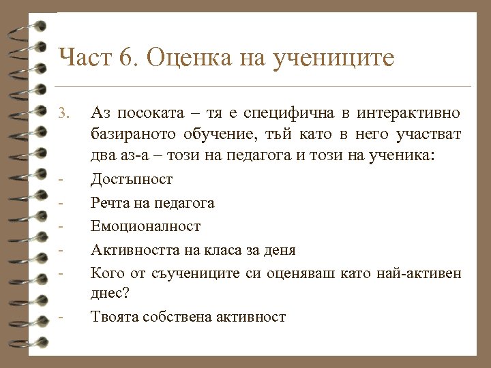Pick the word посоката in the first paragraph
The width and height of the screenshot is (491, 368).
[143, 112]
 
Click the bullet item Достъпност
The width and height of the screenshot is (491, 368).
[132, 180]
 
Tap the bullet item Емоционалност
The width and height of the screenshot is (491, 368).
[146, 226]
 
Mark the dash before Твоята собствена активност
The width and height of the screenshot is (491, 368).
[61, 317]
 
